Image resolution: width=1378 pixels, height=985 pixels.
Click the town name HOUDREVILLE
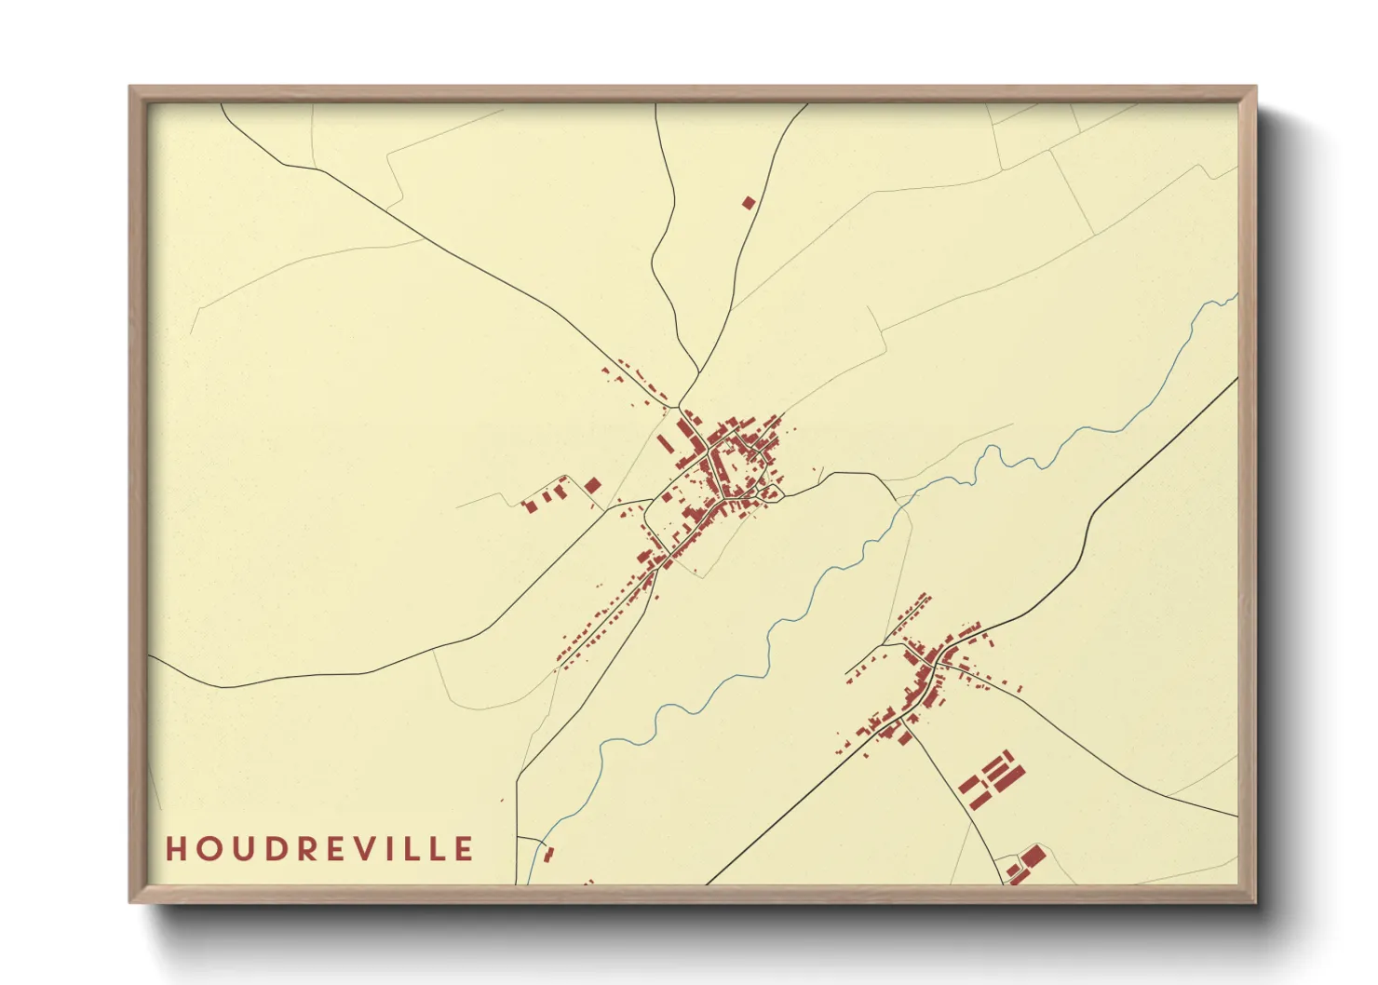319,849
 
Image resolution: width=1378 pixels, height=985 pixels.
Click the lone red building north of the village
748,202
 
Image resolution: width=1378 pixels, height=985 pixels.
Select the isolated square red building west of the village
592,485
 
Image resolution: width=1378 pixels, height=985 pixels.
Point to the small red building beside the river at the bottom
548,853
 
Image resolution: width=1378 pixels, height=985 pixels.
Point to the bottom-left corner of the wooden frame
131,901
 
